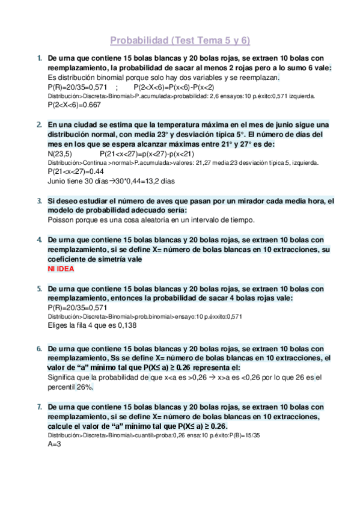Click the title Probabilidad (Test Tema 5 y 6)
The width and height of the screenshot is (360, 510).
tap(180, 41)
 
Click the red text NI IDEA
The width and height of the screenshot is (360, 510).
tap(61, 268)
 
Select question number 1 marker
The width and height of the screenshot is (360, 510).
tap(39, 58)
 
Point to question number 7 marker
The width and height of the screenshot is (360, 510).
tap(39, 407)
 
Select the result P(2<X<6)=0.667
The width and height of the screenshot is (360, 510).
tap(74, 105)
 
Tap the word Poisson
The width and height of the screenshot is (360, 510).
tap(60, 220)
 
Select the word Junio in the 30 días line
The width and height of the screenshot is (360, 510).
tap(57, 180)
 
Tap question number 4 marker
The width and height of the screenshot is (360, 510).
tap(39, 239)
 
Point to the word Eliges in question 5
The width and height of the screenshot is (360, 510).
tap(59, 325)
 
